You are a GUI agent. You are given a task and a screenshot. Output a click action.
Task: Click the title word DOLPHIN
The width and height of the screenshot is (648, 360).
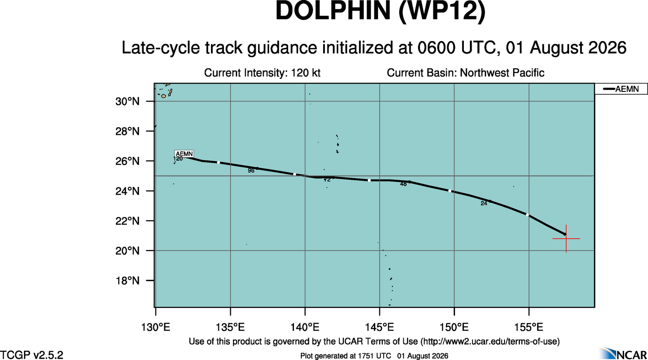333,11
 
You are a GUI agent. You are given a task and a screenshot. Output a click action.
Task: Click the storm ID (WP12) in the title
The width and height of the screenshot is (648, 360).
442,12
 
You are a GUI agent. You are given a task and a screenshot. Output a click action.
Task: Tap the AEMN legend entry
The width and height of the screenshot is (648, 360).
621,89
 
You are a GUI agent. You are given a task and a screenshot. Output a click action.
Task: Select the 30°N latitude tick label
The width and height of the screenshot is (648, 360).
127,102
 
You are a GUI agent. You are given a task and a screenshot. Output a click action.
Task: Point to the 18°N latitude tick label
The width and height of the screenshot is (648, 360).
127,281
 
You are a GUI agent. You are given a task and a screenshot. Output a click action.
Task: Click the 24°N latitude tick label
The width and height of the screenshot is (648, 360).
127,191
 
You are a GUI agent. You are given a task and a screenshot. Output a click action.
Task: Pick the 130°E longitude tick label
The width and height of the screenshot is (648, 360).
156,327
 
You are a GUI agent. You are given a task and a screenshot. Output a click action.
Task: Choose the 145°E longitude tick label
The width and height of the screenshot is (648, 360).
379,327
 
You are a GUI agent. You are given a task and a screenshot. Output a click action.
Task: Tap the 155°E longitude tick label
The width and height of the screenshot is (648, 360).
529,327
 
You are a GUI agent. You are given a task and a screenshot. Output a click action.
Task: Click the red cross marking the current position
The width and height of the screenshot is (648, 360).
566,239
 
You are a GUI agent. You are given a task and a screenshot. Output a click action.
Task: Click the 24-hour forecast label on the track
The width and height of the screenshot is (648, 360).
484,204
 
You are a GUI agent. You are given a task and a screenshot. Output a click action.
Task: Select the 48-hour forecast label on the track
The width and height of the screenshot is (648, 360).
403,184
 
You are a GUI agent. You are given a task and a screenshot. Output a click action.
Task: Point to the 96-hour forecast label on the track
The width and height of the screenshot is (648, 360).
251,171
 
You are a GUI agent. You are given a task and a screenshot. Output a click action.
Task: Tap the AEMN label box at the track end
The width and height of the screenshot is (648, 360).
184,154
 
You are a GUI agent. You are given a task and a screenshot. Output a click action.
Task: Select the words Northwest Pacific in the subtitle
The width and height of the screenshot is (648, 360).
502,72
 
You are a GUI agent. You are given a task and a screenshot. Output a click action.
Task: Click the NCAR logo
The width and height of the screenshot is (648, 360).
623,354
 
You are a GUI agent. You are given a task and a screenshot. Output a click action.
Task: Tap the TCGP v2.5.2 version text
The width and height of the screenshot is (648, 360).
31,355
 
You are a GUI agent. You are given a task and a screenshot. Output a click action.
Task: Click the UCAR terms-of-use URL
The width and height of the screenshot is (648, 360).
489,342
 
